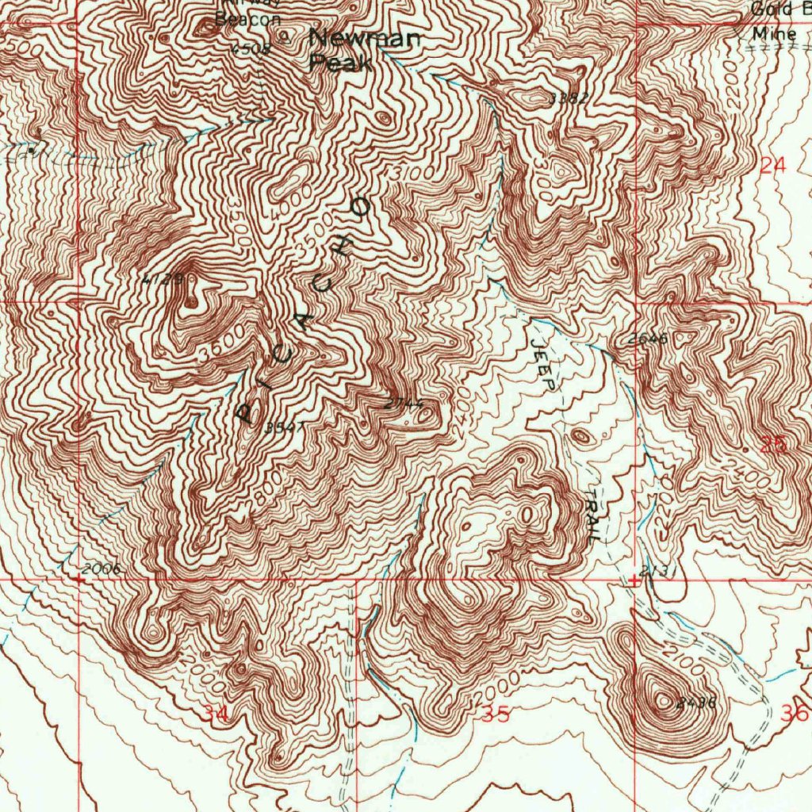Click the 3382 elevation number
point(568,98)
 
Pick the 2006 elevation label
point(100,569)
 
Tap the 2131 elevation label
point(657,571)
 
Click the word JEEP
point(543,366)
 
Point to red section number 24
point(772,166)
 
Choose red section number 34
point(214,714)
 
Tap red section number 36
point(793,713)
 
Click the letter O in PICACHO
point(361,209)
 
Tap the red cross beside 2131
point(634,580)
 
